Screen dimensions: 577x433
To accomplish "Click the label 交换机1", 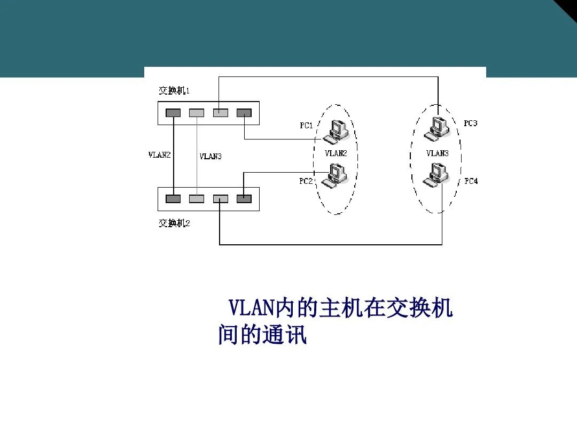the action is [x=174, y=90].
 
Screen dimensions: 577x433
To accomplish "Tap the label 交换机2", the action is [x=174, y=223].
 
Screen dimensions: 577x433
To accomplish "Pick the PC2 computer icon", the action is [x=334, y=176].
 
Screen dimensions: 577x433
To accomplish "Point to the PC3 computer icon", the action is [x=436, y=128].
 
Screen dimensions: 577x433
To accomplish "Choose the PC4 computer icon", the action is [x=436, y=175].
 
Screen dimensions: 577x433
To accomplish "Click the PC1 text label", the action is [x=306, y=126].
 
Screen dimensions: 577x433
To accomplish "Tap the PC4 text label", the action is [x=471, y=181].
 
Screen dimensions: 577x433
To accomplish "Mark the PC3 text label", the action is [x=470, y=123].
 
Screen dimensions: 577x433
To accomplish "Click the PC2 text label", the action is [x=306, y=181].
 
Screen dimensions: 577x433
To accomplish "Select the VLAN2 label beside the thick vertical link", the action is [x=159, y=155].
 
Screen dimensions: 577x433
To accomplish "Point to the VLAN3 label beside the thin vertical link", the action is [x=210, y=157].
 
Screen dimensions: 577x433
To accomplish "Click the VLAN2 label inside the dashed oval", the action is [x=336, y=153].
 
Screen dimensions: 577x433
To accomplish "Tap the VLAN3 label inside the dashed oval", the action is [x=437, y=153].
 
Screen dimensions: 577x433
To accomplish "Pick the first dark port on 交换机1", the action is [x=173, y=113].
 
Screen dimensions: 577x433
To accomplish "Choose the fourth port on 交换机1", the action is [x=244, y=113].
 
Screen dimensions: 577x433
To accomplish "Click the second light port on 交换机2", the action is [x=197, y=199].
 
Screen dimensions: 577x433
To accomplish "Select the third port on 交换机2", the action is [x=221, y=199].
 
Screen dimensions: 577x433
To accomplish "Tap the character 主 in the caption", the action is [x=330, y=308].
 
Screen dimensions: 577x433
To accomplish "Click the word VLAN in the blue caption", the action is [x=252, y=308].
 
